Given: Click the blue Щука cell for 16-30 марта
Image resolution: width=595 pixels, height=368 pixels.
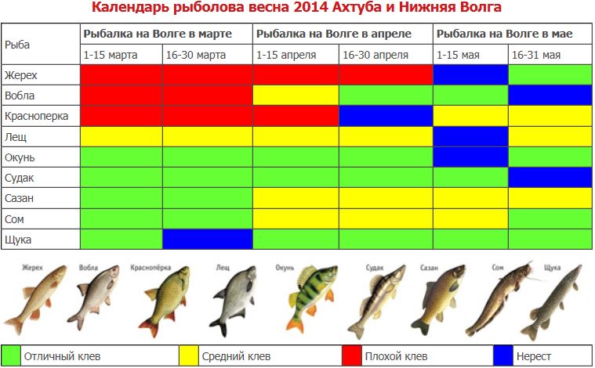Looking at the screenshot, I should click(207, 239).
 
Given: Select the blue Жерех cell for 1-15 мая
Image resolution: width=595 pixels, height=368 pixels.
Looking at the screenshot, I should click(470, 75).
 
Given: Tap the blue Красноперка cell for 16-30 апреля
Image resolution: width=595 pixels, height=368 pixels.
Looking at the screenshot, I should click(386, 116).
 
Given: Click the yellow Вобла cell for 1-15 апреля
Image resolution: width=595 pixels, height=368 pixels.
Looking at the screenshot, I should click(296, 96).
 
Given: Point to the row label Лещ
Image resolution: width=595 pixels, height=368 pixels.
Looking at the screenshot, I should click(16, 137).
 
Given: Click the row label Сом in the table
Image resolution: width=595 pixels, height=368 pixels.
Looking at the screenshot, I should click(15, 218).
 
